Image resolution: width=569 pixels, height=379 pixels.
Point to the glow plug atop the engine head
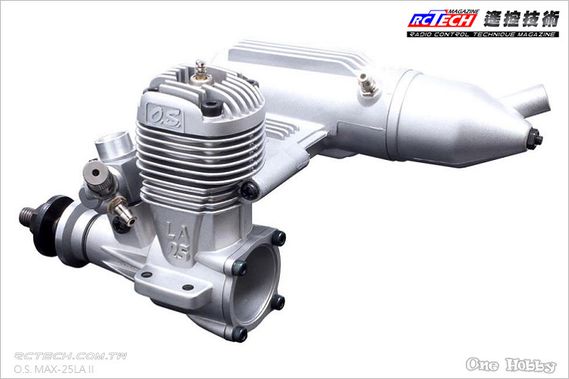200,68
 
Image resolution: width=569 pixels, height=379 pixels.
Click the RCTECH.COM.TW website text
71,356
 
